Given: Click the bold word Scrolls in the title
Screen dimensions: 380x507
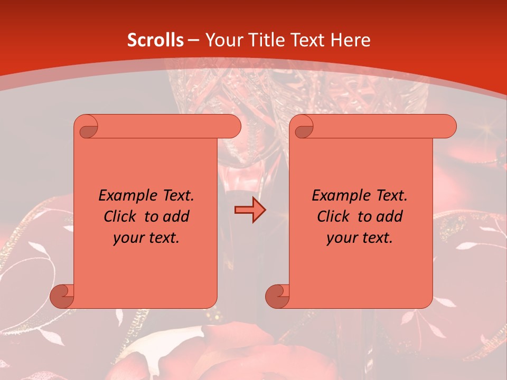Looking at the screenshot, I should tap(156, 40).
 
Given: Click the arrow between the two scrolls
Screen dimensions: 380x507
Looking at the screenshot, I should tap(250, 210).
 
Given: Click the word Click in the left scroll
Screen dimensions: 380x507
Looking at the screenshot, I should tap(120, 216).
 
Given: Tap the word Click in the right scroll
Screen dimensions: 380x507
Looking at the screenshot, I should tap(333, 216).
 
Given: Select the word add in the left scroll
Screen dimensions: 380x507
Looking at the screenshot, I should tap(176, 216).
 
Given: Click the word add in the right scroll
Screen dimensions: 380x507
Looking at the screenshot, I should tap(390, 216).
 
